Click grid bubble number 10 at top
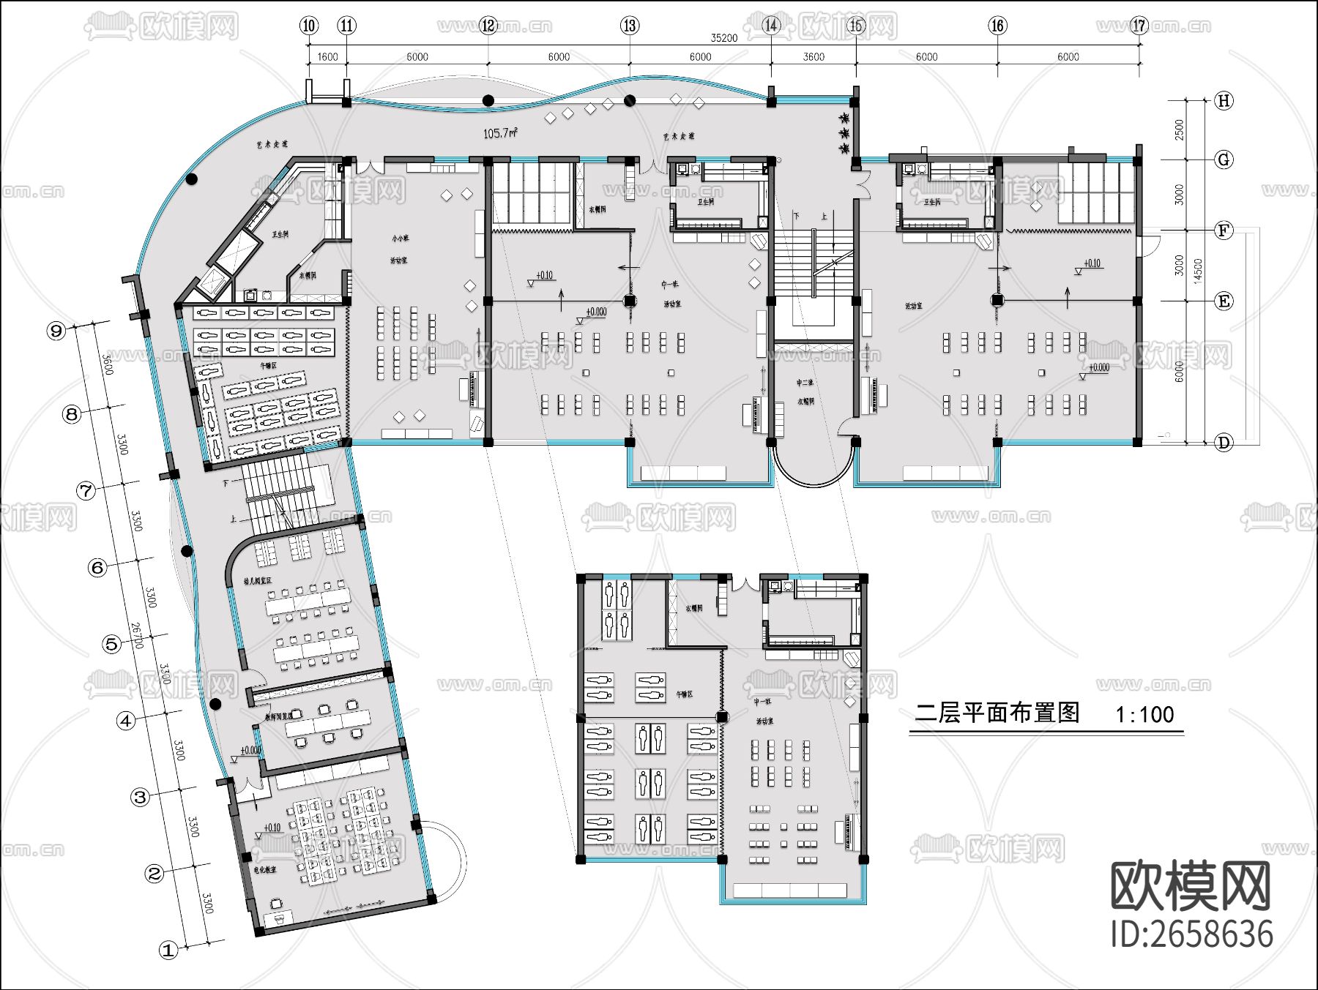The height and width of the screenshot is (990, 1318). pos(309,26)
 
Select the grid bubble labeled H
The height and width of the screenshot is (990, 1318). pos(1224,101)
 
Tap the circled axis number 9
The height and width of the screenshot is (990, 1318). pos(56,331)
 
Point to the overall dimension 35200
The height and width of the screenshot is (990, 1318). pos(723,38)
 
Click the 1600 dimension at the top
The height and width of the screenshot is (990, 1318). pos(327,57)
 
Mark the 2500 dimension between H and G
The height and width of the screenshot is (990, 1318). pos(1179,130)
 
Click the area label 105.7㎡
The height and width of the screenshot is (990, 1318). pos(501,133)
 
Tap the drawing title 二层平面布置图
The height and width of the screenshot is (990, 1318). pos(997,713)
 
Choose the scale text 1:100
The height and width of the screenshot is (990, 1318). pos(1144,714)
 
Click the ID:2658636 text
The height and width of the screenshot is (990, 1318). pos(1191,934)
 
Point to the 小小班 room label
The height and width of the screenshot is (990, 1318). pos(399,239)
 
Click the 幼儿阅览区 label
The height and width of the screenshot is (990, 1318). pos(257,580)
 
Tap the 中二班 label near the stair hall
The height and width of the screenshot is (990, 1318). pos(805,383)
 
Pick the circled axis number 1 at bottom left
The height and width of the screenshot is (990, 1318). pos(169,950)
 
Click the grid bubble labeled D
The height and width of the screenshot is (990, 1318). pos(1223,442)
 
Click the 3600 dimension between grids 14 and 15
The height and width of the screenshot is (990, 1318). pos(813,57)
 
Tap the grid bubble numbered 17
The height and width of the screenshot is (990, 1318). pos(1139,26)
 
